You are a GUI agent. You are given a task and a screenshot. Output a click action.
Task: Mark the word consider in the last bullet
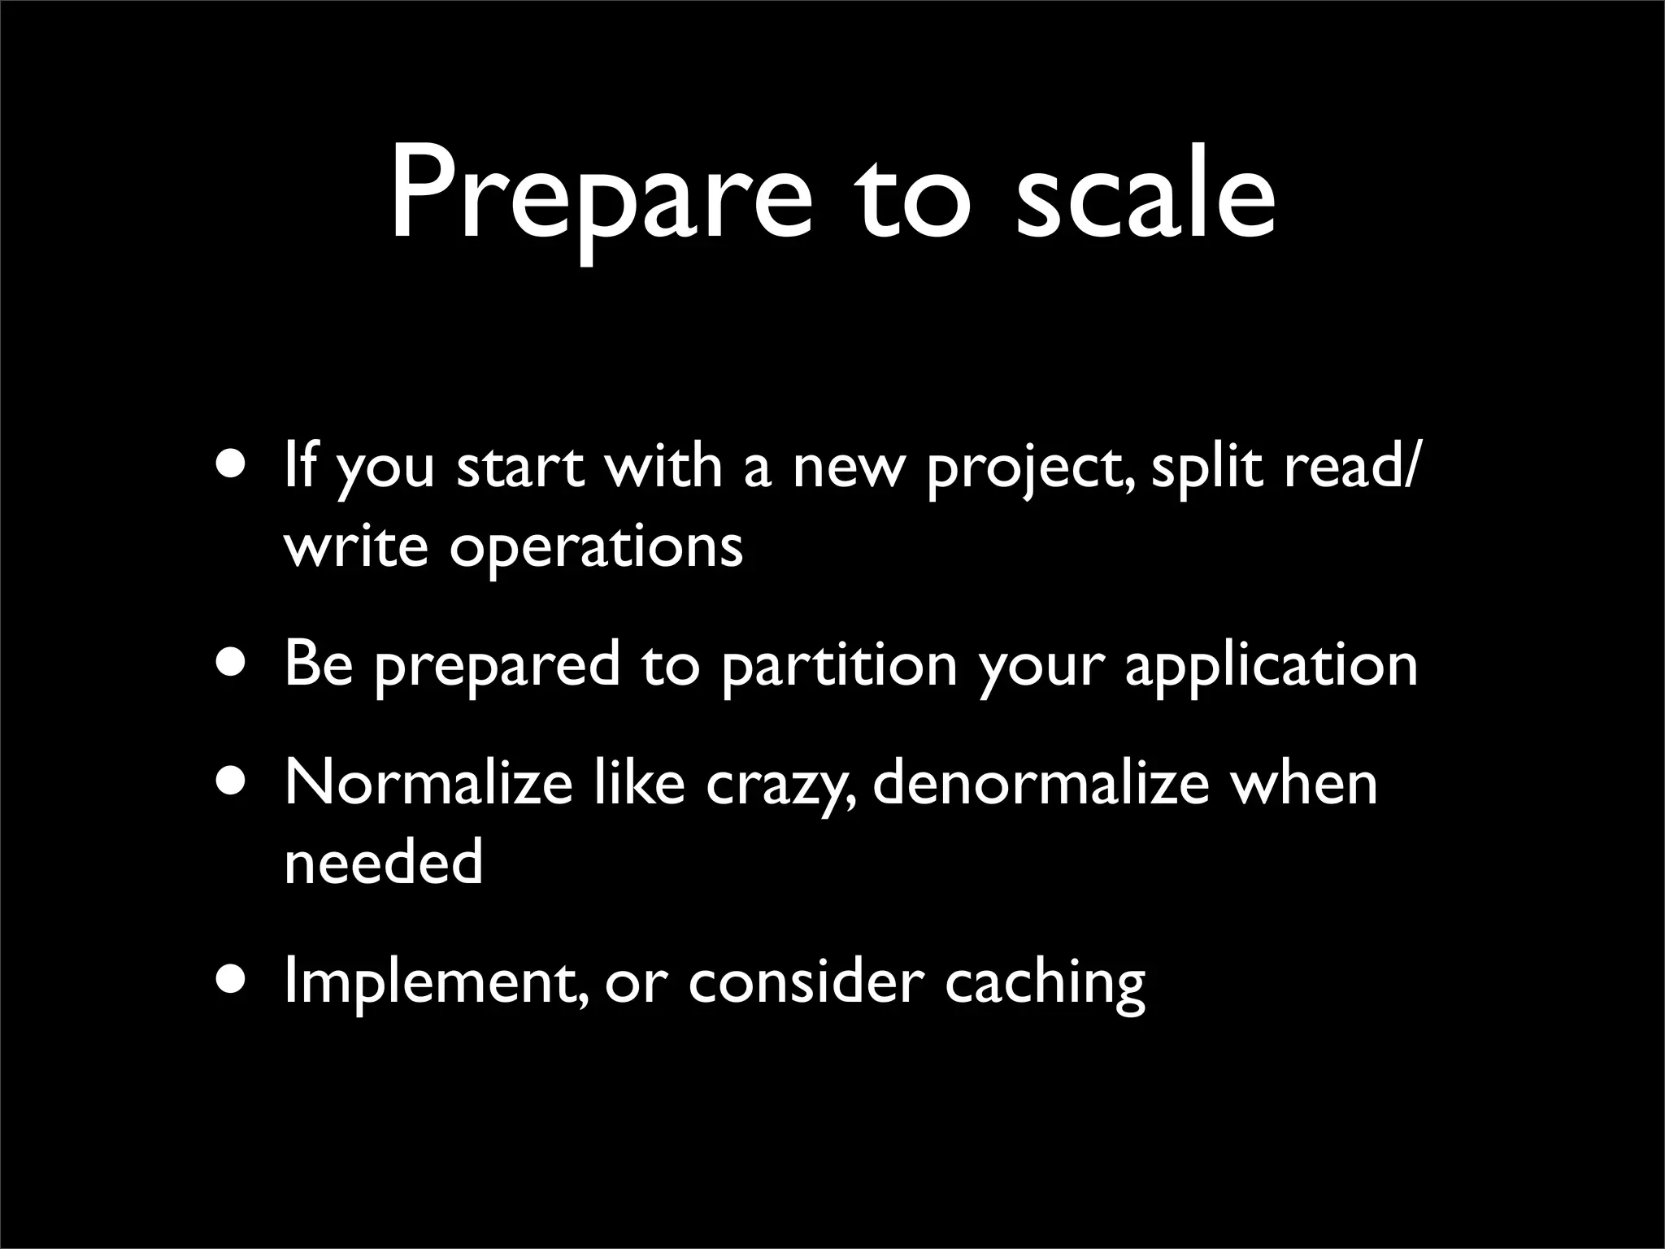click(x=806, y=981)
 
